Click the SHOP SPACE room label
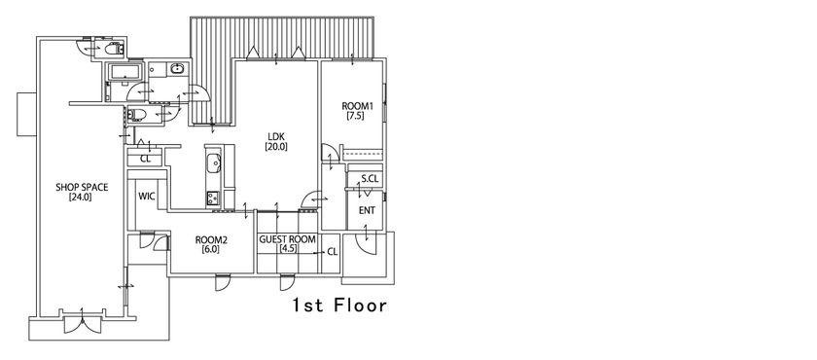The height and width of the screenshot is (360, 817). [81, 187]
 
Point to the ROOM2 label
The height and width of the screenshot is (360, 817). [210, 239]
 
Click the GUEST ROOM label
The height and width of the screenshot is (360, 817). [288, 238]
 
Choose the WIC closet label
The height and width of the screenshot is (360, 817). [147, 196]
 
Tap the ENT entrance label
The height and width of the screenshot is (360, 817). [367, 210]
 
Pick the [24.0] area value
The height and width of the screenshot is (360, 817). [80, 198]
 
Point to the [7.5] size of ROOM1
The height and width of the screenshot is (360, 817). [354, 116]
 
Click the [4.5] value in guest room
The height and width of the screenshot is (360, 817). [287, 249]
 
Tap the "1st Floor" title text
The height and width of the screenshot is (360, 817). [340, 306]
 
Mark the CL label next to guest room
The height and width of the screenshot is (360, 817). [332, 251]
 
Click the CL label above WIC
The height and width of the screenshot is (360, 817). [145, 158]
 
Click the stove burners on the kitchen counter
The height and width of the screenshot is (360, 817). [212, 198]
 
